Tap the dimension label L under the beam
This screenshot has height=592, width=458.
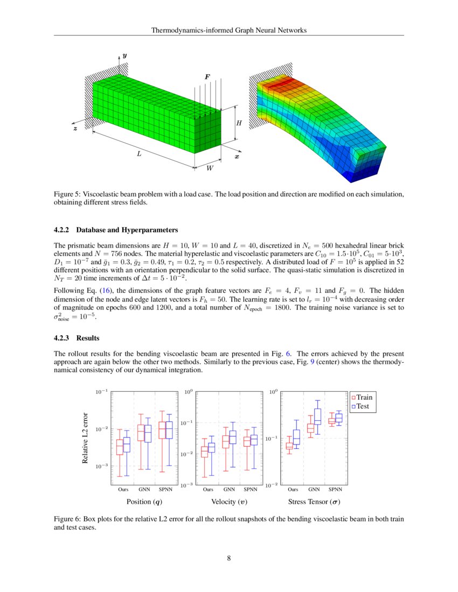139,154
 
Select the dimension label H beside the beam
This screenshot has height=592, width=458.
239,123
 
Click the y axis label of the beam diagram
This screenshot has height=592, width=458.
124,55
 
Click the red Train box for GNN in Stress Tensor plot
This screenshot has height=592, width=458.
310,428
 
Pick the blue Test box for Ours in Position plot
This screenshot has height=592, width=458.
127,445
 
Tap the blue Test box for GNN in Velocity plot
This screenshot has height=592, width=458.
232,437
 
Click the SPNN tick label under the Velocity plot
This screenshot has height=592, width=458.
251,490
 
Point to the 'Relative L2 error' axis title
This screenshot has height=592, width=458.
85,438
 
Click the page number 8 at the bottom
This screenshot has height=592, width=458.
229,558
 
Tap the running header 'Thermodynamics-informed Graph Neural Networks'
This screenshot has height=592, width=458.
229,30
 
